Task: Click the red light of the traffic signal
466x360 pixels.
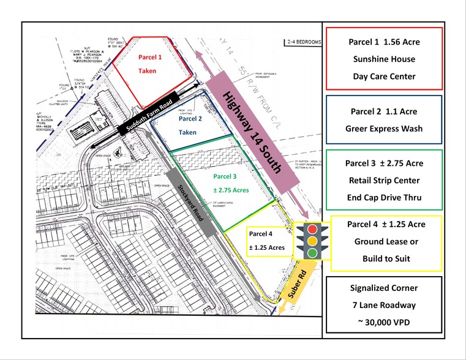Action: (312, 229)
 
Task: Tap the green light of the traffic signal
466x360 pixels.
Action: (312, 253)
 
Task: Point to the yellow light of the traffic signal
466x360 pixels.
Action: (312, 241)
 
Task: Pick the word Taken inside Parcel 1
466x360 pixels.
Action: (147, 71)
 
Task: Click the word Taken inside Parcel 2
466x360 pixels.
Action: (187, 132)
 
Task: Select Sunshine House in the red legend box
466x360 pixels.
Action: (383, 59)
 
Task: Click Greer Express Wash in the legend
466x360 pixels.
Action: (383, 129)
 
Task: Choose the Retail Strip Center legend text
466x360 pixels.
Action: (383, 180)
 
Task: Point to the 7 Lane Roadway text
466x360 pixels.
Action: (383, 305)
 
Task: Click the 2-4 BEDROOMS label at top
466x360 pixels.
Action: (303, 42)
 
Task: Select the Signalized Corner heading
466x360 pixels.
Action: (383, 287)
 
